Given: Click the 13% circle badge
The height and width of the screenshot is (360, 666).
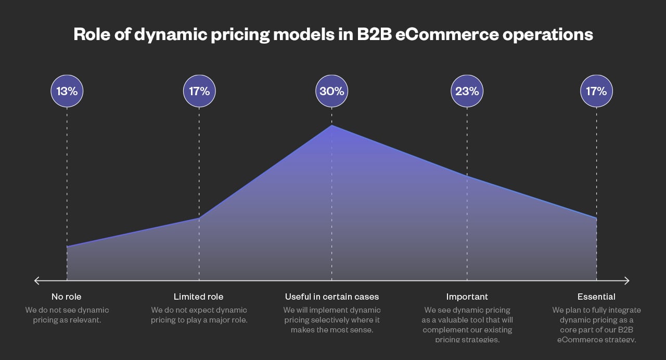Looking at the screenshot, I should coord(67,91).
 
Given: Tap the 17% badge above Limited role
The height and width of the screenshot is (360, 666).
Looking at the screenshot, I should coord(199,91).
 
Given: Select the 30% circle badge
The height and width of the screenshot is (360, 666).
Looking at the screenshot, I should coord(331,91).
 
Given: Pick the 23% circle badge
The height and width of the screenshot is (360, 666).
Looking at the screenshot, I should coord(467,91).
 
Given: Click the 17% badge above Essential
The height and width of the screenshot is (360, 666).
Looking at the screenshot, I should coord(596,91).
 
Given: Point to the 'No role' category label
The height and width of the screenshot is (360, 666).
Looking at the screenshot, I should coord(66,297).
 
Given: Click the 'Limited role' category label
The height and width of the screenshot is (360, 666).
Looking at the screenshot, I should coord(198,297).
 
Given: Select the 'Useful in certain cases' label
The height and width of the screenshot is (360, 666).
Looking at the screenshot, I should coord(331,297).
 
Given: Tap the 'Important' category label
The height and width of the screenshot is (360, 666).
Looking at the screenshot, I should coord(467,297).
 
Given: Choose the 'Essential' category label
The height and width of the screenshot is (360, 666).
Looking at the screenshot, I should coord(596,297).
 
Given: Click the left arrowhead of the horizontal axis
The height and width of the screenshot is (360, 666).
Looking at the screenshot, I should coord(37,281).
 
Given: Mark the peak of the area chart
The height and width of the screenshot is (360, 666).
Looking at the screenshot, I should coord(331,125).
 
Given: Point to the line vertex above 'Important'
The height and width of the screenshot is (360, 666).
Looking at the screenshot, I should coord(467,176).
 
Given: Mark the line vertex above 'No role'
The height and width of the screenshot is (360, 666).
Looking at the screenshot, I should coord(67,247).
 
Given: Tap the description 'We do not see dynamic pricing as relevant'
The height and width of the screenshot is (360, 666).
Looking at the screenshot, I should coord(67,315).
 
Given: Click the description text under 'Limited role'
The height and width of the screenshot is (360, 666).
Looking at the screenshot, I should coord(199,315).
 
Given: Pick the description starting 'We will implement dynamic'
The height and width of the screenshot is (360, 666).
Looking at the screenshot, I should coord(331,319).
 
